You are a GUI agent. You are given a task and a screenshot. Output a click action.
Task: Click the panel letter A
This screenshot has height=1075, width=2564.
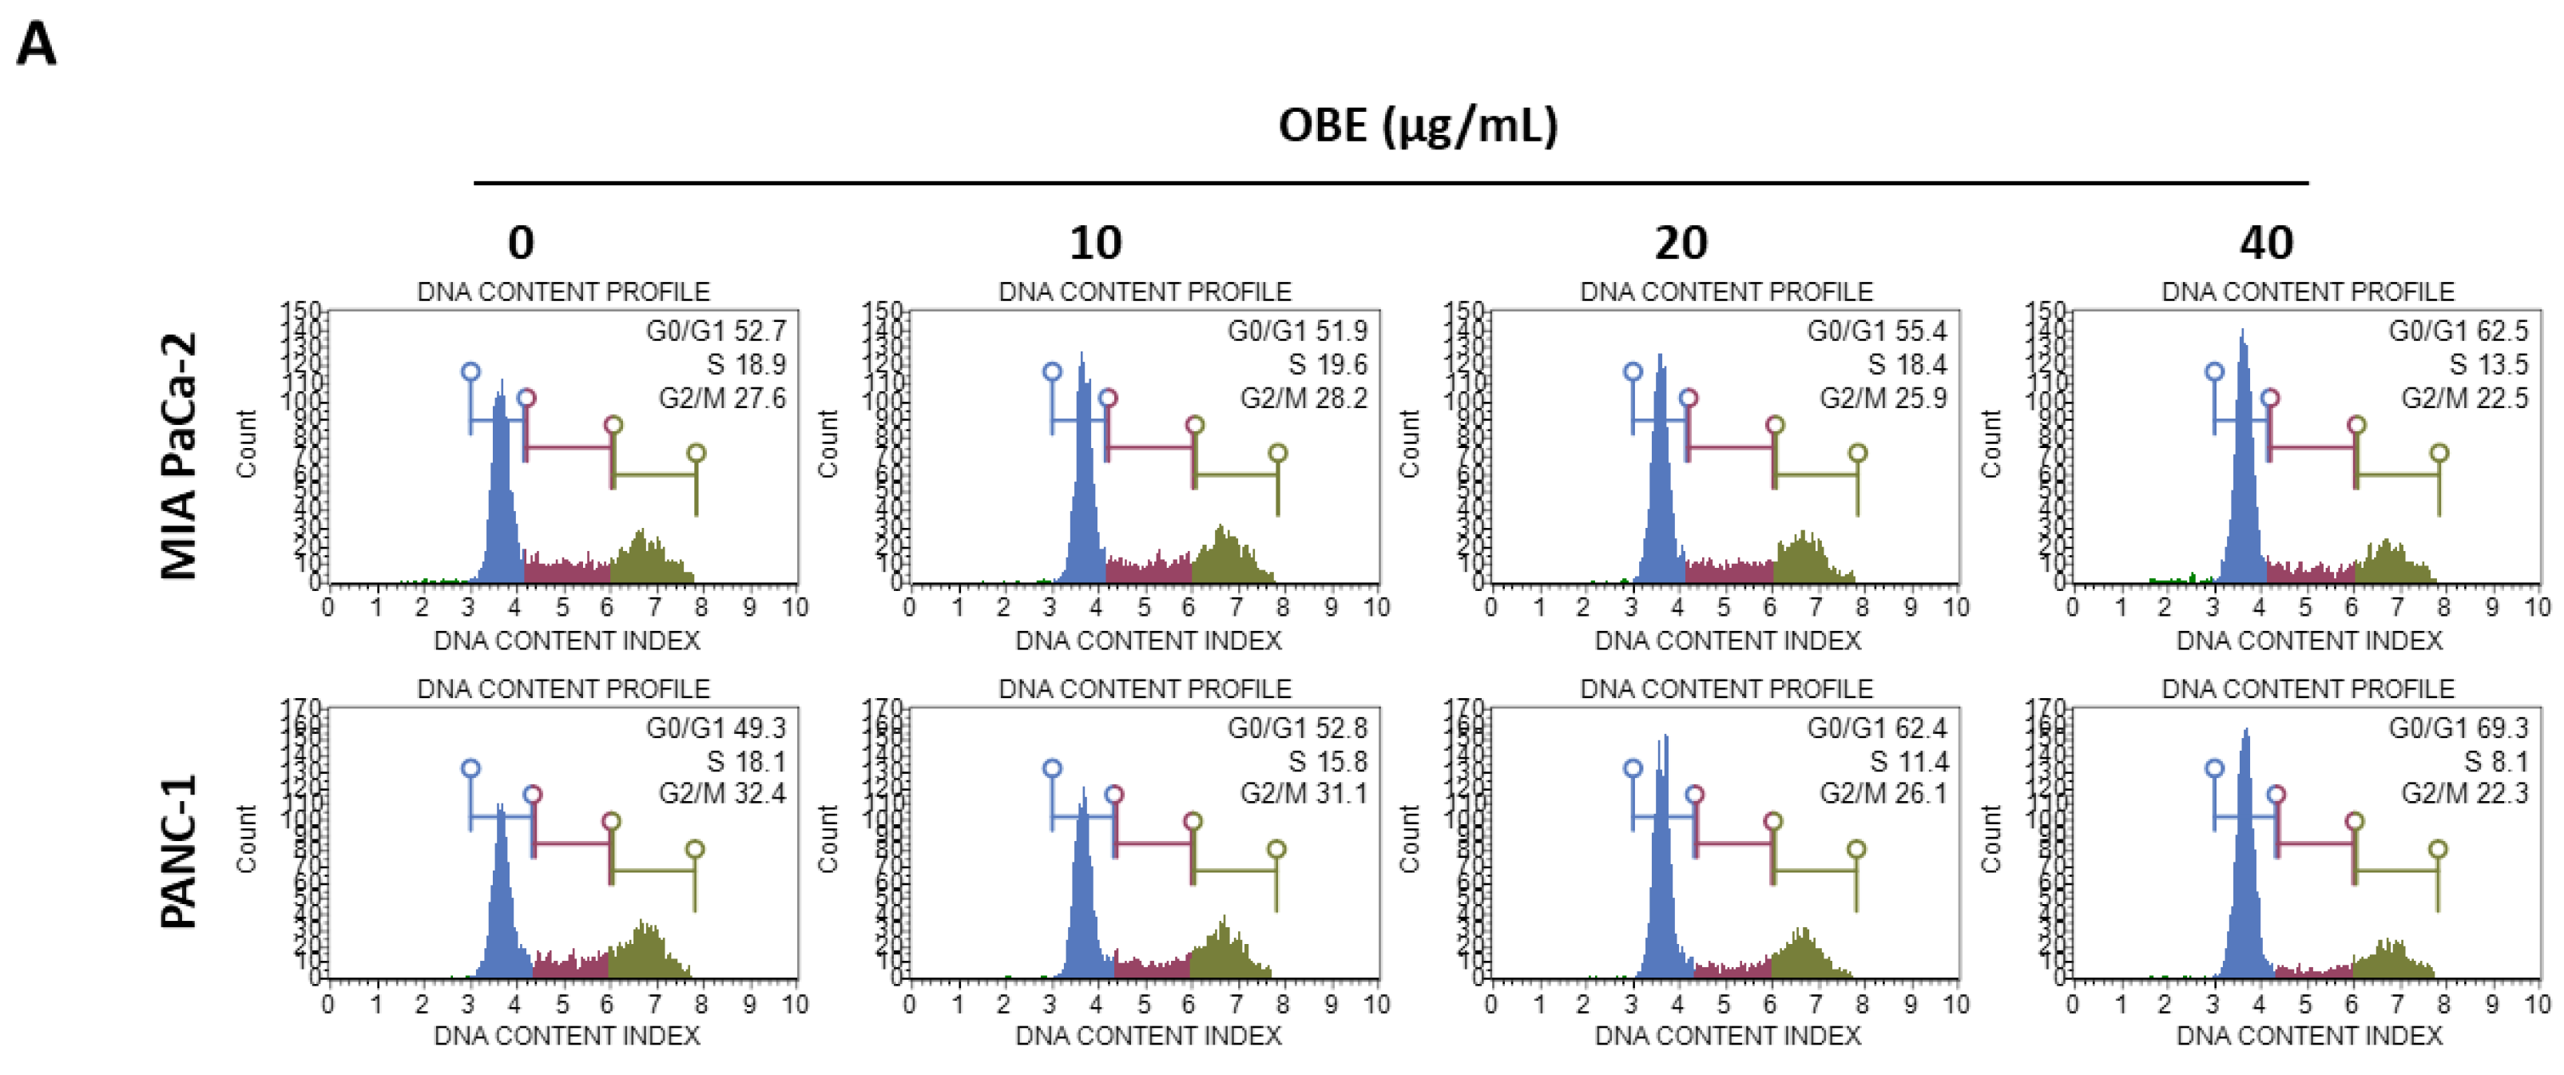coord(37,45)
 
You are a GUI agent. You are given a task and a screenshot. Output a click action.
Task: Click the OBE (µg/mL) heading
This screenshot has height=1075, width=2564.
coord(1417,126)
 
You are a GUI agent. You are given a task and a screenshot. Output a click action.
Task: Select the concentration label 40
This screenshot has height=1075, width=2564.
coord(2266,243)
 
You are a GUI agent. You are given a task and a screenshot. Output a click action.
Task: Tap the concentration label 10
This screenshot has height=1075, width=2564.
coord(1095,243)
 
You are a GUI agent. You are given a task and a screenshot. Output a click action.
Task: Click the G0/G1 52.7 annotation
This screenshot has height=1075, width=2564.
coord(716,331)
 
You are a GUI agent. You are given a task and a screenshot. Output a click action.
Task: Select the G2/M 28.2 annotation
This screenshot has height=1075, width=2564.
coord(1303,399)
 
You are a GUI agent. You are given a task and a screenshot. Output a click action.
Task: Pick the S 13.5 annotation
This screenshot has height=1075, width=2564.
coord(2488,364)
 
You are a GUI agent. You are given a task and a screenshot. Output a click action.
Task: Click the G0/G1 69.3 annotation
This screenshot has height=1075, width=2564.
coord(2459,728)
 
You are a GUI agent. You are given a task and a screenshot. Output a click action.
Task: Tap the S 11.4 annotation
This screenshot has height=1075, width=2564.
coord(1908,761)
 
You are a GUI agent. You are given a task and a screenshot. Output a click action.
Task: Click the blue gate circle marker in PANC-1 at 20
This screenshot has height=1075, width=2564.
coord(1633,768)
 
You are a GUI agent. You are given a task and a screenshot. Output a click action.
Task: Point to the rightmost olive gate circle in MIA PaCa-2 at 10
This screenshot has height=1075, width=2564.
coord(1278,454)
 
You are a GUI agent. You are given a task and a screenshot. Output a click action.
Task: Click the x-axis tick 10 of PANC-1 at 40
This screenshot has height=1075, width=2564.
coord(2537,1005)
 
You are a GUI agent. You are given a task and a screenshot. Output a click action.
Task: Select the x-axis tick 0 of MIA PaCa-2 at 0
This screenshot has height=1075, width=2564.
coord(327,607)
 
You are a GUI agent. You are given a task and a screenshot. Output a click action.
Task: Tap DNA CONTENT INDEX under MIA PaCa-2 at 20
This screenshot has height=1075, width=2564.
coord(1727,640)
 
